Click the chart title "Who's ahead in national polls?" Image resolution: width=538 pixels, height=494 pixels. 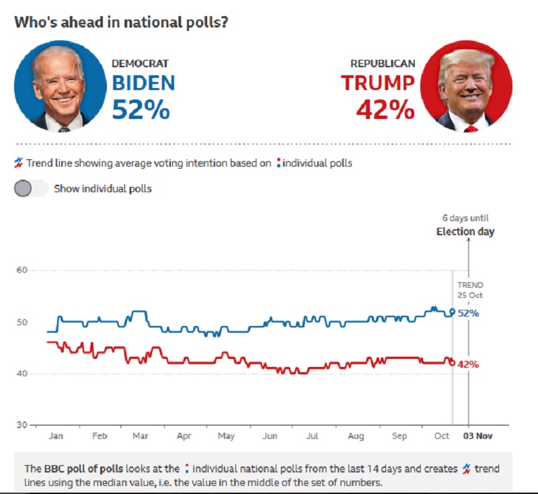121,21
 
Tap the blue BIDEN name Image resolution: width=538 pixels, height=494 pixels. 143,83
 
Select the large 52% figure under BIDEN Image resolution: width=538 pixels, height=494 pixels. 141,110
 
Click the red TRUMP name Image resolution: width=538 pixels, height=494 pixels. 377,83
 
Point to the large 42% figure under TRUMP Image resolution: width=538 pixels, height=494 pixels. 385,110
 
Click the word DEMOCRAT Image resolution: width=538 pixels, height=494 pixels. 140,64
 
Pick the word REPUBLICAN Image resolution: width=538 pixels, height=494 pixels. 383,64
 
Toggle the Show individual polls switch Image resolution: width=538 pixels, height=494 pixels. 31,188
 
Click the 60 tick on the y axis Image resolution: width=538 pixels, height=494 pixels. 22,270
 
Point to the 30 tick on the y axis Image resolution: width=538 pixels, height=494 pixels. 22,425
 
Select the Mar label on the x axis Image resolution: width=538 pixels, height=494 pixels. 141,436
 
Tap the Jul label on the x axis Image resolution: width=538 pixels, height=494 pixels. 312,436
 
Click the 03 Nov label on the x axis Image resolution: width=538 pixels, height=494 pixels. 477,436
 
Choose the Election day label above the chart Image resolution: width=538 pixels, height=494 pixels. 465,232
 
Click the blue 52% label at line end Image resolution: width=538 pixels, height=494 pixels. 468,313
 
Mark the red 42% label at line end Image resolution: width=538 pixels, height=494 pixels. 468,364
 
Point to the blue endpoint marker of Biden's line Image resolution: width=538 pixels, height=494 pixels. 452,311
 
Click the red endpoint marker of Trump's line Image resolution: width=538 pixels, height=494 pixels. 452,362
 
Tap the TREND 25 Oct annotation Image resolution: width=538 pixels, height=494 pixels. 471,290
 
